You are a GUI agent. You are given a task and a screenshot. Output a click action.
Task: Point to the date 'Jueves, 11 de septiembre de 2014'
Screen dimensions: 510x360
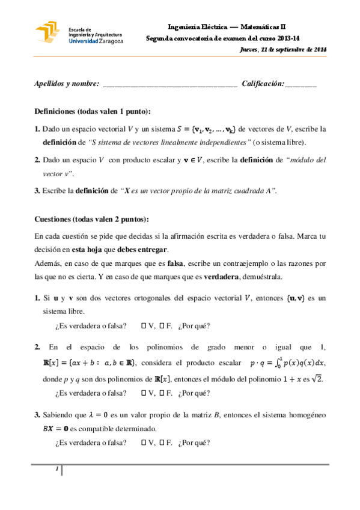(282, 49)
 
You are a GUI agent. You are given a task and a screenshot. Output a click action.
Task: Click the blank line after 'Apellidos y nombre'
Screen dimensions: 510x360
(170, 85)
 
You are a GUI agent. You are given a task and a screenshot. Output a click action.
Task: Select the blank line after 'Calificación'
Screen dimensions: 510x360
(301, 85)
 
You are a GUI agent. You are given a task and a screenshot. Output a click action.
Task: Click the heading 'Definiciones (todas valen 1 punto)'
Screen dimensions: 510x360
(93, 112)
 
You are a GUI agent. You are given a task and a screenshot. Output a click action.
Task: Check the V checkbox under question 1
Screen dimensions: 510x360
(144, 327)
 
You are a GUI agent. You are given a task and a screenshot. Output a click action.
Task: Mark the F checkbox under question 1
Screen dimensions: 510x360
(162, 327)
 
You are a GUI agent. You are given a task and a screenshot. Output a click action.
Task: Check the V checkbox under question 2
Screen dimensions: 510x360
(144, 393)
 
